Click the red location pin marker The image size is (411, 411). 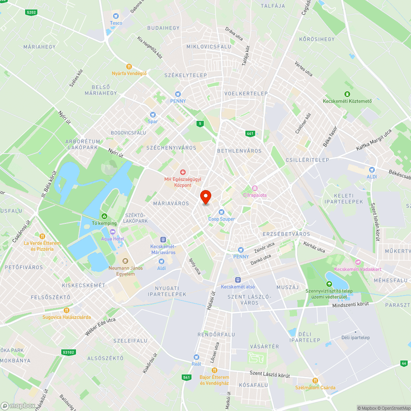(205, 197)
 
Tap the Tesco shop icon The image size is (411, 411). (116, 16)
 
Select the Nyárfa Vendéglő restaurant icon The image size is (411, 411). (129, 67)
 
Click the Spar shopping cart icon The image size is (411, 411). (153, 115)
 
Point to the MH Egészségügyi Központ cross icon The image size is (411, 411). (183, 172)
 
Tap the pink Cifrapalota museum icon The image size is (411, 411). (255, 188)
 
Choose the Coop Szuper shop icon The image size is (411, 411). (222, 212)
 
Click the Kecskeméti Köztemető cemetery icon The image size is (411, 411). (347, 94)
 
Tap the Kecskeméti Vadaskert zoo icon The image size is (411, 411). (358, 262)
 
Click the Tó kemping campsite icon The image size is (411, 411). (104, 216)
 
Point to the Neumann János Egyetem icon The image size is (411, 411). (125, 261)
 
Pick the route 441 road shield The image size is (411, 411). (250, 134)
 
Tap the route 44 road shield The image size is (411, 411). (404, 363)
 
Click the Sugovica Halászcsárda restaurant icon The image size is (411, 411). (67, 310)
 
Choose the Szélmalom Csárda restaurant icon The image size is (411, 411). (315, 381)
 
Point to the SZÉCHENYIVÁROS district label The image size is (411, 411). (171, 148)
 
